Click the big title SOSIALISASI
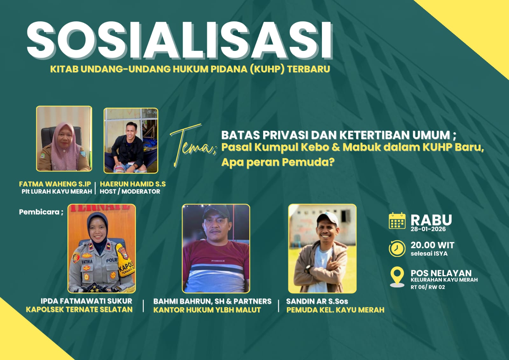(x=180, y=41)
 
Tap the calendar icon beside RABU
(x=397, y=221)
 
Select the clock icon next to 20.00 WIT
(x=397, y=248)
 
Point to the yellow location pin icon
(x=397, y=276)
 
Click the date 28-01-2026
(x=428, y=229)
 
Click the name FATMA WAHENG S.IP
(x=55, y=184)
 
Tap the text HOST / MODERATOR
(x=130, y=192)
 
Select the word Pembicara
(x=39, y=212)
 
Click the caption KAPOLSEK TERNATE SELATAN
(x=79, y=310)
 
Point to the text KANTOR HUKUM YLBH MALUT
(x=207, y=310)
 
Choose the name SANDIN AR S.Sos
(x=317, y=301)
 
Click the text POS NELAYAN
(x=441, y=273)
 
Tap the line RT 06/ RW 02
(x=428, y=287)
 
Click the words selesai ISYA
(x=429, y=254)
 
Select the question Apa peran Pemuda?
(x=278, y=162)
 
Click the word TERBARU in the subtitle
(x=309, y=69)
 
